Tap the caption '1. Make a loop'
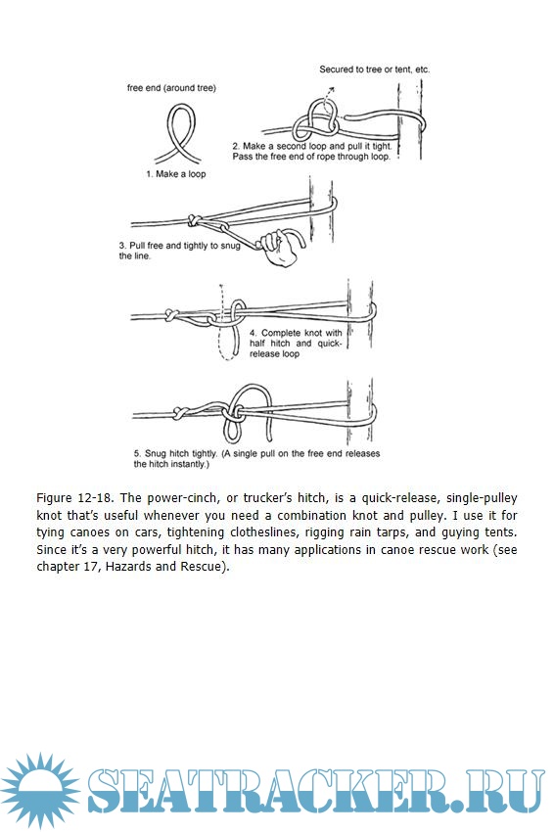(175, 174)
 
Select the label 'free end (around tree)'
(171, 88)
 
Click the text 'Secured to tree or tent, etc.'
(375, 69)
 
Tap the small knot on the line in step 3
(194, 219)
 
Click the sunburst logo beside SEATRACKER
(41, 791)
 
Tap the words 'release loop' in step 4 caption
(274, 354)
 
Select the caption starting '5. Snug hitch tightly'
(256, 459)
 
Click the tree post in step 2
(409, 119)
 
